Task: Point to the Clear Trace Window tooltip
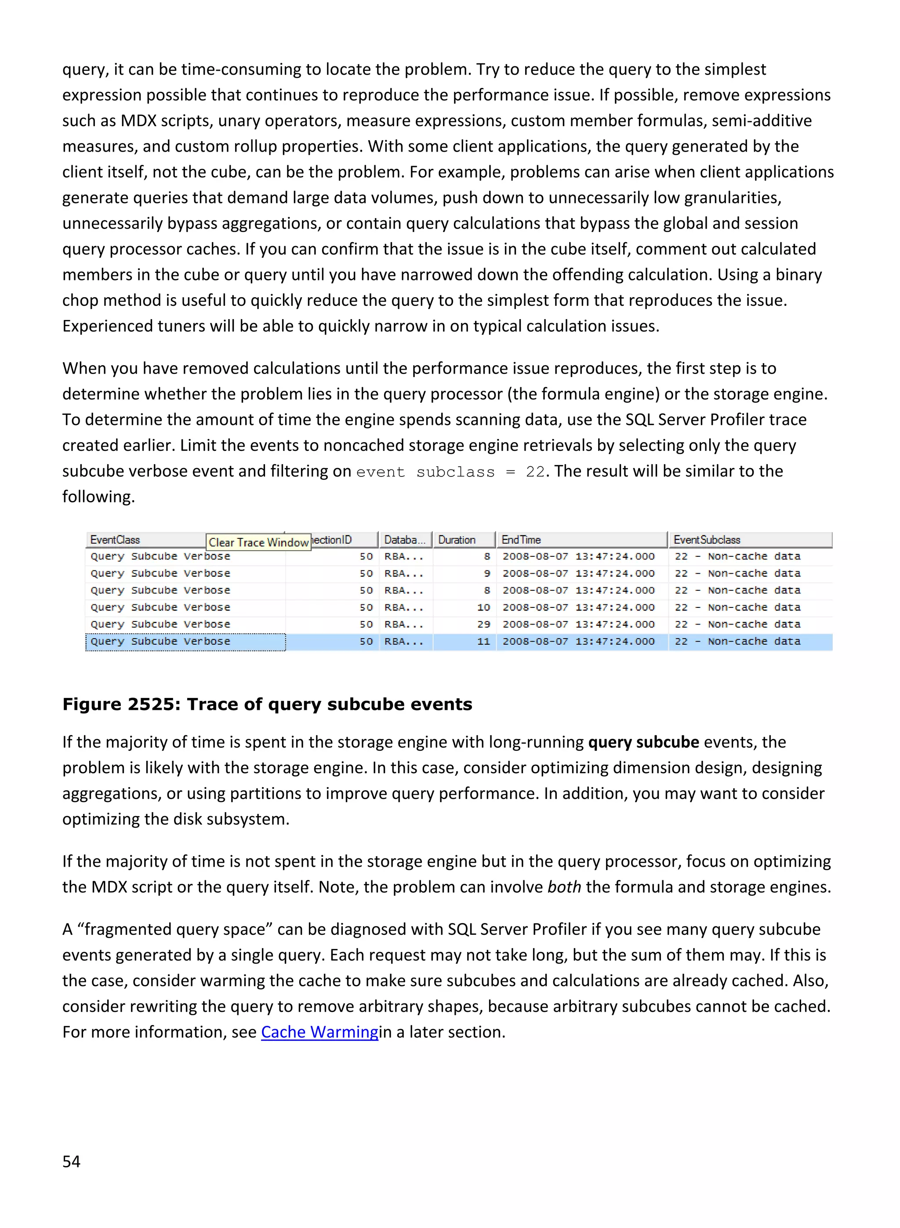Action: click(259, 542)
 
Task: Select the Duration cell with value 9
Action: click(486, 573)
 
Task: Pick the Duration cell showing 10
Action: click(484, 607)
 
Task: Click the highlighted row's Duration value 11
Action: click(484, 641)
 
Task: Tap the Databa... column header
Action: click(405, 540)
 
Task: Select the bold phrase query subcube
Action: click(643, 742)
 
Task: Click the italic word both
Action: click(564, 887)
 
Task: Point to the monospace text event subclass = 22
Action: click(450, 472)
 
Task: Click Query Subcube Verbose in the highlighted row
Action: click(161, 641)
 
